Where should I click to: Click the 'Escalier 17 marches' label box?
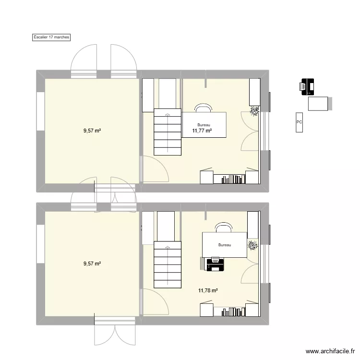click(51, 37)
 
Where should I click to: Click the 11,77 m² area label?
click(202, 131)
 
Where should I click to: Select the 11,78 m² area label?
click(208, 290)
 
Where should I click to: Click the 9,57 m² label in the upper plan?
click(92, 130)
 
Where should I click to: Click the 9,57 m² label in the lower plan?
click(92, 264)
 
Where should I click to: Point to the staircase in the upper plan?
click(168, 132)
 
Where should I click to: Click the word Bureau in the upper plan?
click(204, 125)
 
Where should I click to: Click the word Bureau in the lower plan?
click(225, 245)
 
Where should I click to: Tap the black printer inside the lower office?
click(215, 264)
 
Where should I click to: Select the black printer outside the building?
click(307, 87)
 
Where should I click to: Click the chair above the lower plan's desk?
click(223, 227)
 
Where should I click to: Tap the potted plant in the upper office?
click(254, 111)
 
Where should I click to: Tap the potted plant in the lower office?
click(252, 246)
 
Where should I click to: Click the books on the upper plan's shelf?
click(231, 180)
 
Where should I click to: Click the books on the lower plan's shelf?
click(231, 312)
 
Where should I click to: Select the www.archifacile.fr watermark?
click(329, 351)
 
